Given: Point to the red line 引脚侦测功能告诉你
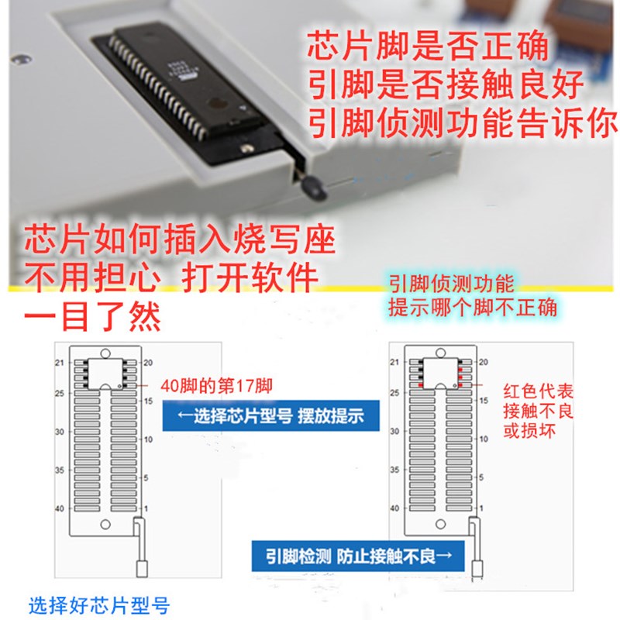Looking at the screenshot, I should click(463, 124).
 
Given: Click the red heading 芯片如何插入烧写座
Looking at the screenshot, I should click(180, 241).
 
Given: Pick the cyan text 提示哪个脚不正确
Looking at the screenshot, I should click(473, 307).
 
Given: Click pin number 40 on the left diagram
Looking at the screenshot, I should click(59, 508).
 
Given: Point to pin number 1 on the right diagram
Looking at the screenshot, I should click(483, 508).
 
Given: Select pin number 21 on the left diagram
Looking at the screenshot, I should click(59, 363).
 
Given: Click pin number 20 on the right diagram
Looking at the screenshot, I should click(484, 363).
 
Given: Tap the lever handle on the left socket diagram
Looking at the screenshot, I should click(143, 568).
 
